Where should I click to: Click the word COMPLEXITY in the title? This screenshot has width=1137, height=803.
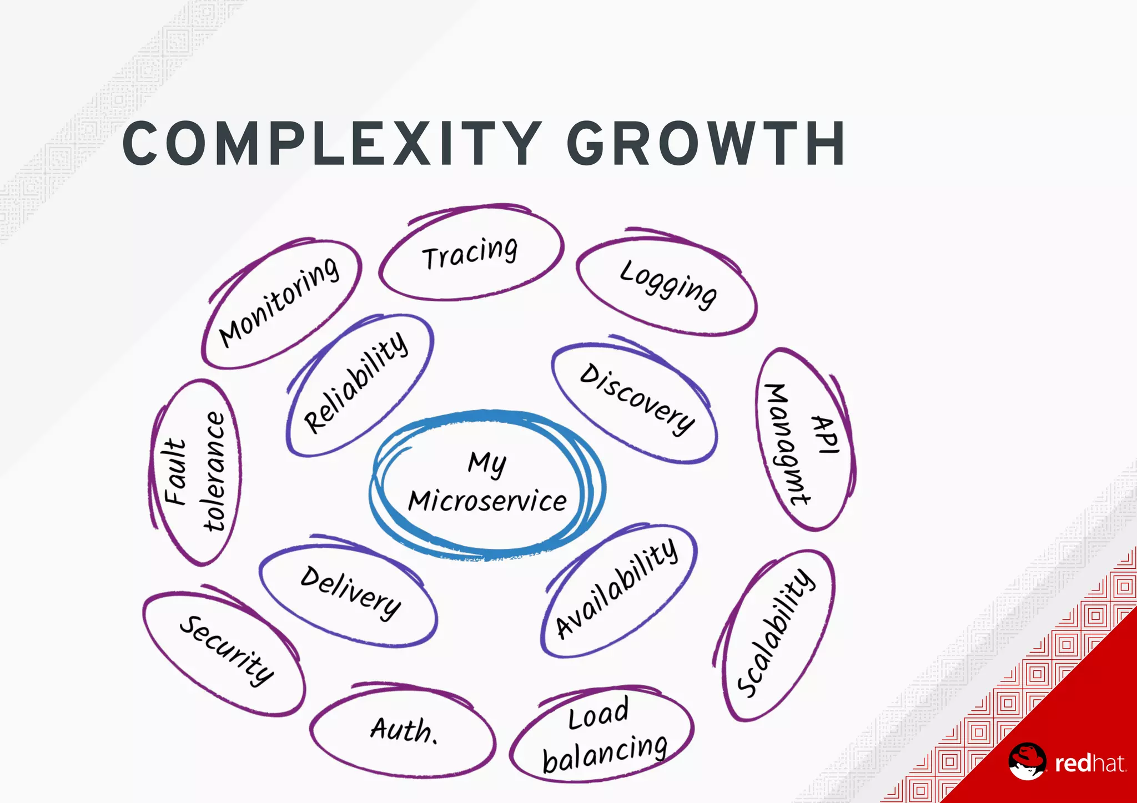331,144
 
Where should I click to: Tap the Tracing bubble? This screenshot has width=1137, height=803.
471,252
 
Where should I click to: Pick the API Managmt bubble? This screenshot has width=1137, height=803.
804,440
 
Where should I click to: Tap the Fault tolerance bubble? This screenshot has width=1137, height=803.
195,472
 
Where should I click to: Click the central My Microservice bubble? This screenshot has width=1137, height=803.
487,483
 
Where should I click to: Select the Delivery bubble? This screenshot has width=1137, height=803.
350,592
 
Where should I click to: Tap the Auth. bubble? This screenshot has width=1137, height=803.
404,729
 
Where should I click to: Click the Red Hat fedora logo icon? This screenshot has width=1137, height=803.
1027,761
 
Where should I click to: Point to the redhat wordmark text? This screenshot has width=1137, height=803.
1089,764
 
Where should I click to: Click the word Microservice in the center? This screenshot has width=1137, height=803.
487,501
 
